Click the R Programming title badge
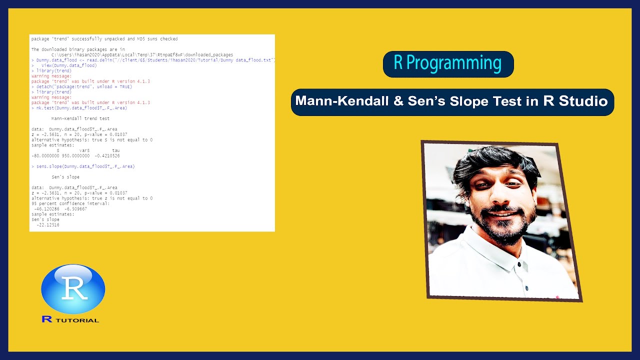point(448,64)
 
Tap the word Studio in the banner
point(583,101)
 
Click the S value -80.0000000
point(45,155)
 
